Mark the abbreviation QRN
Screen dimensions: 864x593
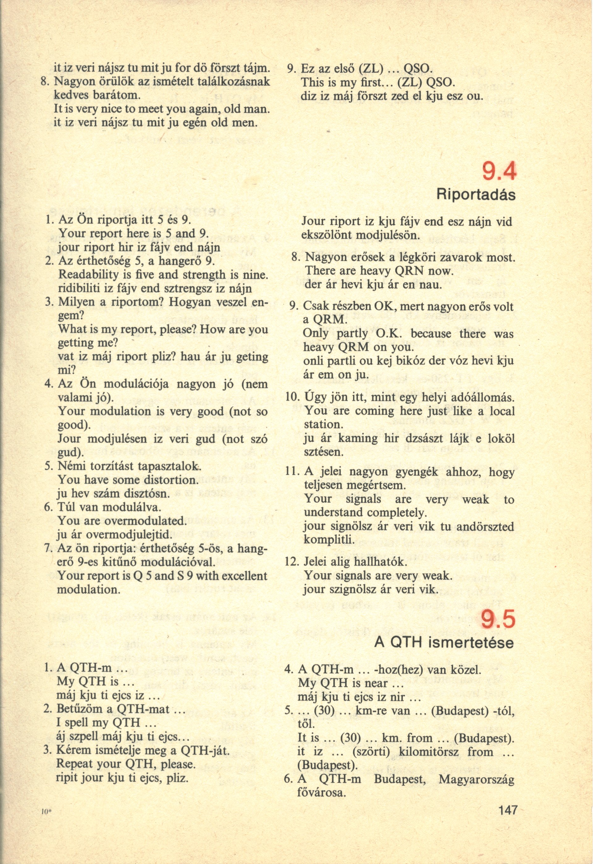click(x=407, y=272)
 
